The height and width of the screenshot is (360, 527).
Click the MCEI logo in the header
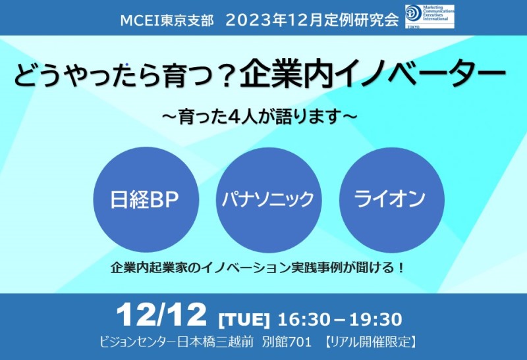click(430, 16)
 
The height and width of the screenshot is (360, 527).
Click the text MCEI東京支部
click(167, 21)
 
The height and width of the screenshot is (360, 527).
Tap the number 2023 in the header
click(249, 21)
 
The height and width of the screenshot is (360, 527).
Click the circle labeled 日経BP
click(146, 200)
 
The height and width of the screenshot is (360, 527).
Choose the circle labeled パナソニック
click(269, 200)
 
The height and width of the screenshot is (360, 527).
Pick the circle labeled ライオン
click(392, 200)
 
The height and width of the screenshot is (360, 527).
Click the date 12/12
click(161, 315)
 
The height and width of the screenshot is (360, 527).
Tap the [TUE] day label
click(244, 319)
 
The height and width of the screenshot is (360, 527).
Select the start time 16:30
click(304, 319)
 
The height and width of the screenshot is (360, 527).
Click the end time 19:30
click(375, 319)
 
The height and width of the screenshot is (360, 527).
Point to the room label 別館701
click(287, 342)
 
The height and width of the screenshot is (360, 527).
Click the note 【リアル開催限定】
click(371, 342)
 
